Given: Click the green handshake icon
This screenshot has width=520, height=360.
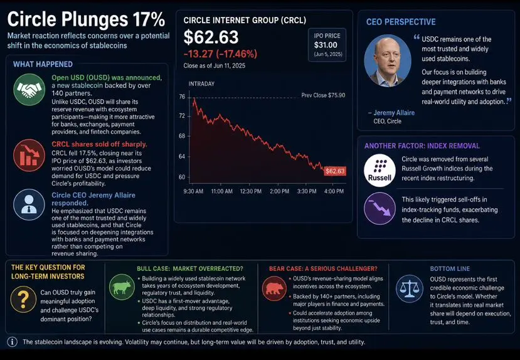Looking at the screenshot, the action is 29,90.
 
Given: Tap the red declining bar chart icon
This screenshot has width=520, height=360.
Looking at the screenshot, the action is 29,155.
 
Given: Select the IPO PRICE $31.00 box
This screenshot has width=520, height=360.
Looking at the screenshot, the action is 327,45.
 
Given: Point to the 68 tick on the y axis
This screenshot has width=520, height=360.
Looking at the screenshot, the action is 182,136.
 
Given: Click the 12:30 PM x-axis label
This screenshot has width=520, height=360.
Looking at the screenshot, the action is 250,191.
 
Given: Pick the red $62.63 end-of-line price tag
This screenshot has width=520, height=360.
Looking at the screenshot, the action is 335,171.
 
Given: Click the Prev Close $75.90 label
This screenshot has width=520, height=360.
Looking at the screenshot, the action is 323,95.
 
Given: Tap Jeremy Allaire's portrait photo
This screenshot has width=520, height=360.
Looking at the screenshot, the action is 388,61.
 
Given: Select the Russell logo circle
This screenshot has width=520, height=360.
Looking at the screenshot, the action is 379,171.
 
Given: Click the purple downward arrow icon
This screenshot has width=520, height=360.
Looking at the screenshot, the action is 379,208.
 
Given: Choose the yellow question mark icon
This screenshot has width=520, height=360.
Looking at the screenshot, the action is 23,299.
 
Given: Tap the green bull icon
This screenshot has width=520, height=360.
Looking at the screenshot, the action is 122,287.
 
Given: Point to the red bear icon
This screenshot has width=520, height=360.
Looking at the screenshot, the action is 274,288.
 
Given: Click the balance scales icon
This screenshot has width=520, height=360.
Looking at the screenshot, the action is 410,289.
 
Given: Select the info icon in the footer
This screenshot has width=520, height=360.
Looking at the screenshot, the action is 13,342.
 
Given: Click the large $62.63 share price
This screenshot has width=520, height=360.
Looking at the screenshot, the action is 211,37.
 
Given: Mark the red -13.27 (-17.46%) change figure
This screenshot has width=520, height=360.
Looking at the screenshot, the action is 220,54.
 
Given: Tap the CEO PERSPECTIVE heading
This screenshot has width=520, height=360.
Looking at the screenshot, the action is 401,22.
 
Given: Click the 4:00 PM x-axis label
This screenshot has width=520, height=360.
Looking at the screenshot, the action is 334,191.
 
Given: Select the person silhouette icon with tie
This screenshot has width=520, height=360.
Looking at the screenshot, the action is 29,204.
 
